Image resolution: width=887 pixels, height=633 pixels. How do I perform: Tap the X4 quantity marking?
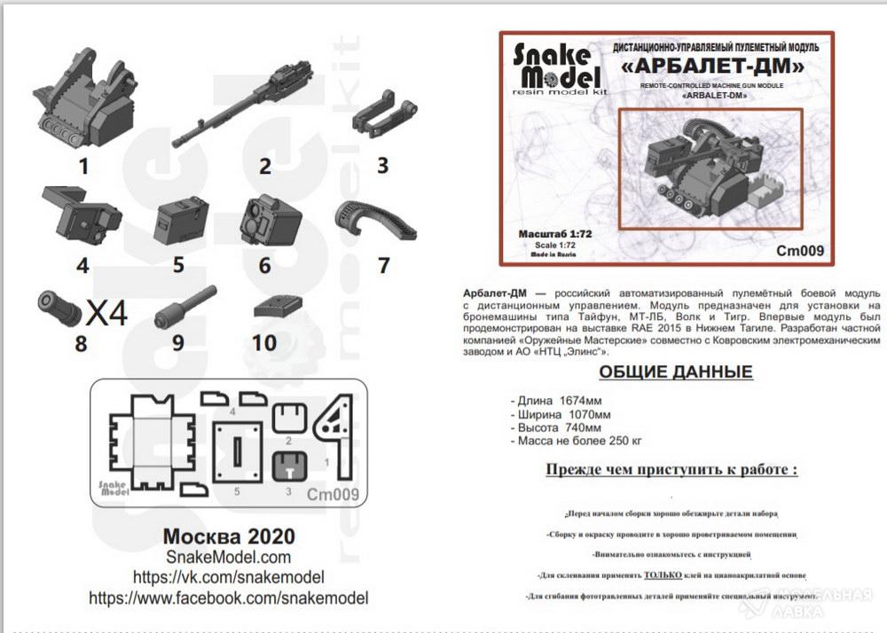[107, 313]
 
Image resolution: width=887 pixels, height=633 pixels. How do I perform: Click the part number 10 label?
[264, 343]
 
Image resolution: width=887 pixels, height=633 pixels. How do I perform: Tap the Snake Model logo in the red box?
[557, 66]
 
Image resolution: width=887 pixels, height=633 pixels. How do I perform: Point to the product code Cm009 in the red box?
[801, 251]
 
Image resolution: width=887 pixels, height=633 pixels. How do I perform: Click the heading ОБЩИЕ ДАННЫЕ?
[675, 371]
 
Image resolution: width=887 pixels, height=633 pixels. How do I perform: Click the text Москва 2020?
[229, 536]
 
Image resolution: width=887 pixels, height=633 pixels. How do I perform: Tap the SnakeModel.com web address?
[228, 557]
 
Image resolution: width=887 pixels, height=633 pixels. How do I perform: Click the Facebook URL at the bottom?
[228, 598]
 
